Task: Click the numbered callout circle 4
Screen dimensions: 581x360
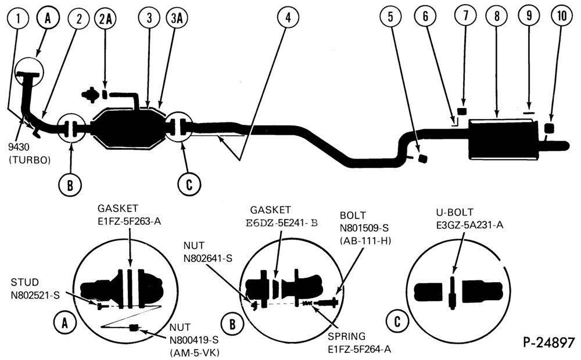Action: point(288,17)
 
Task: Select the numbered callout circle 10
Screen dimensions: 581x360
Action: point(562,16)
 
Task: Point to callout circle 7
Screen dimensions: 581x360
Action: point(465,15)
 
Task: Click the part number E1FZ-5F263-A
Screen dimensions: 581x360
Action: point(130,221)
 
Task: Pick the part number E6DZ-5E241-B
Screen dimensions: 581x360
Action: point(282,223)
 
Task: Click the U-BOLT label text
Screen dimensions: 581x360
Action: point(455,212)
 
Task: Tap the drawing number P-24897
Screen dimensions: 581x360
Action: point(549,343)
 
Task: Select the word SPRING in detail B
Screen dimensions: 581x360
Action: point(346,336)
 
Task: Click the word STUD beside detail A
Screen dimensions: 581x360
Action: point(25,282)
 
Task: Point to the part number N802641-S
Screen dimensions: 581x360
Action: point(208,258)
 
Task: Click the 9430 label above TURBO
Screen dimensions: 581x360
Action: point(19,147)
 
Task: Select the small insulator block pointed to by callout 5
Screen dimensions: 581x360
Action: point(422,159)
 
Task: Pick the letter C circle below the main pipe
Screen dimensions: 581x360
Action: point(189,183)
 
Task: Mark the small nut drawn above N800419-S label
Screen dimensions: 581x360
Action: point(134,327)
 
